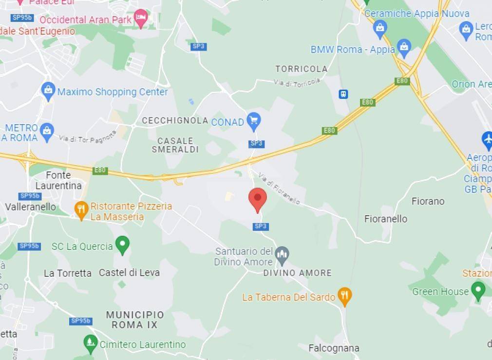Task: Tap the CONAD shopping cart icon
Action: click(253, 121)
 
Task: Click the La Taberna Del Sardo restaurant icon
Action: click(345, 296)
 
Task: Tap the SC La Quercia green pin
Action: click(122, 245)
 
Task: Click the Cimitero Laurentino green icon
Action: click(90, 344)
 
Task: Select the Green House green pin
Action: click(478, 290)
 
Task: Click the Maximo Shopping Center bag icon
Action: click(48, 91)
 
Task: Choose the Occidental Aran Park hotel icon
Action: click(141, 19)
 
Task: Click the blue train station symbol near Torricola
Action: click(343, 94)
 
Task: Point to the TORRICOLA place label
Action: click(301, 69)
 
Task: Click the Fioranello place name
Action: click(385, 219)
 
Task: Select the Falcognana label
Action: click(334, 348)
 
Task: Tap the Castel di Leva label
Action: click(129, 273)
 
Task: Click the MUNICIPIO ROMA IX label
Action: click(135, 320)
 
